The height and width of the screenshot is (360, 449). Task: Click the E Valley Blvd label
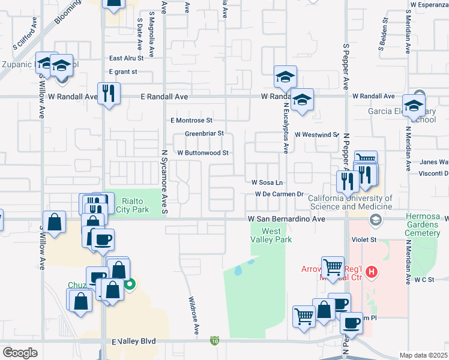tap(133, 341)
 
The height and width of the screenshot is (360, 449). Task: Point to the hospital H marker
tap(372, 272)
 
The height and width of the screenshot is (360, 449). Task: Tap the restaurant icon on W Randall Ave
tap(109, 94)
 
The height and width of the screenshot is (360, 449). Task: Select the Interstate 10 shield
tap(214, 341)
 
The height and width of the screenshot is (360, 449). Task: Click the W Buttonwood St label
tap(202, 153)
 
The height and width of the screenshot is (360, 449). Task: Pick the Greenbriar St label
tap(204, 133)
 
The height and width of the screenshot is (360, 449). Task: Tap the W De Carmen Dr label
tap(279, 194)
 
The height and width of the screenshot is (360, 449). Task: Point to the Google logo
tap(20, 353)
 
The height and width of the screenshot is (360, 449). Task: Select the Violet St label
tap(364, 239)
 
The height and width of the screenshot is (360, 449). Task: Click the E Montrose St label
tap(191, 121)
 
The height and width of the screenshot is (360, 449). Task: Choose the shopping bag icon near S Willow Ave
tap(54, 221)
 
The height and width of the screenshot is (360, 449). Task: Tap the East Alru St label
tap(126, 59)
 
